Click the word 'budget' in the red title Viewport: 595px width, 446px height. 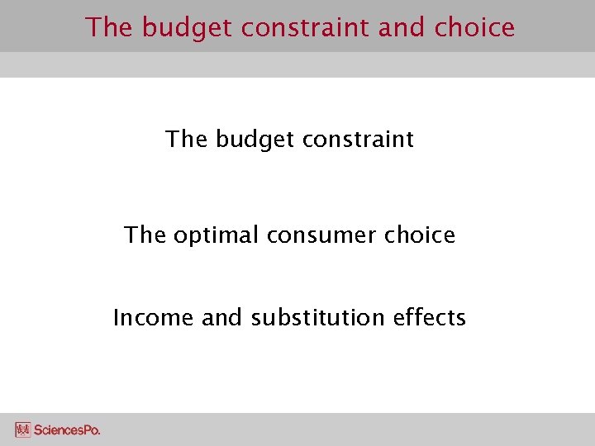pyautogui.click(x=188, y=27)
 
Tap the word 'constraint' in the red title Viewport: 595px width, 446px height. pyautogui.click(x=305, y=27)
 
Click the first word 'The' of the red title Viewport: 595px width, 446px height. pyautogui.click(x=110, y=27)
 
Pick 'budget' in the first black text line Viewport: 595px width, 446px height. pyautogui.click(x=254, y=140)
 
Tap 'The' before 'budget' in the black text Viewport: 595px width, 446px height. pyautogui.click(x=188, y=140)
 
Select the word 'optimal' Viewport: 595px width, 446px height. pyautogui.click(x=217, y=235)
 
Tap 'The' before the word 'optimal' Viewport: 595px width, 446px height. pyautogui.click(x=145, y=235)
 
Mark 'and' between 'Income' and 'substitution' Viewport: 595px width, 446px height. pyautogui.click(x=221, y=318)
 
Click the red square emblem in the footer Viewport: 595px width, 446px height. pyautogui.click(x=22, y=429)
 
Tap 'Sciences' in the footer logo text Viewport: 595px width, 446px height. pyautogui.click(x=58, y=430)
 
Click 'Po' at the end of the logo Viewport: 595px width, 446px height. pyautogui.click(x=91, y=430)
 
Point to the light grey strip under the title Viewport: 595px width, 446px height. pyautogui.click(x=297, y=64)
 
